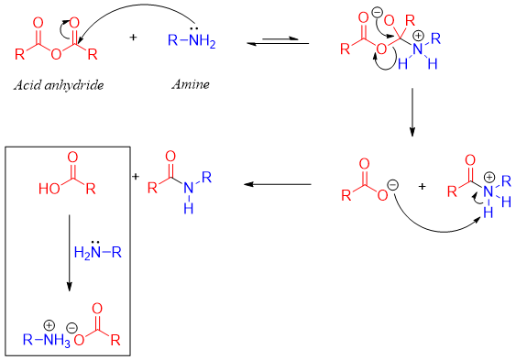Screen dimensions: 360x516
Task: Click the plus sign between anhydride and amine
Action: coord(134,38)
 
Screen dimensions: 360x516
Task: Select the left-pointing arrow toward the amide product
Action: coord(275,186)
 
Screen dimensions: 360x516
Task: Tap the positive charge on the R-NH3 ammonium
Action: coord(54,323)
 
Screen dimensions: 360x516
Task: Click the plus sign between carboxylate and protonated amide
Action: coord(422,186)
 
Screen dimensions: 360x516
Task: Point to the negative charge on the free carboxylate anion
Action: coord(392,183)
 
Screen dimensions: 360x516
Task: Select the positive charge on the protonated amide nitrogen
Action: coord(489,177)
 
